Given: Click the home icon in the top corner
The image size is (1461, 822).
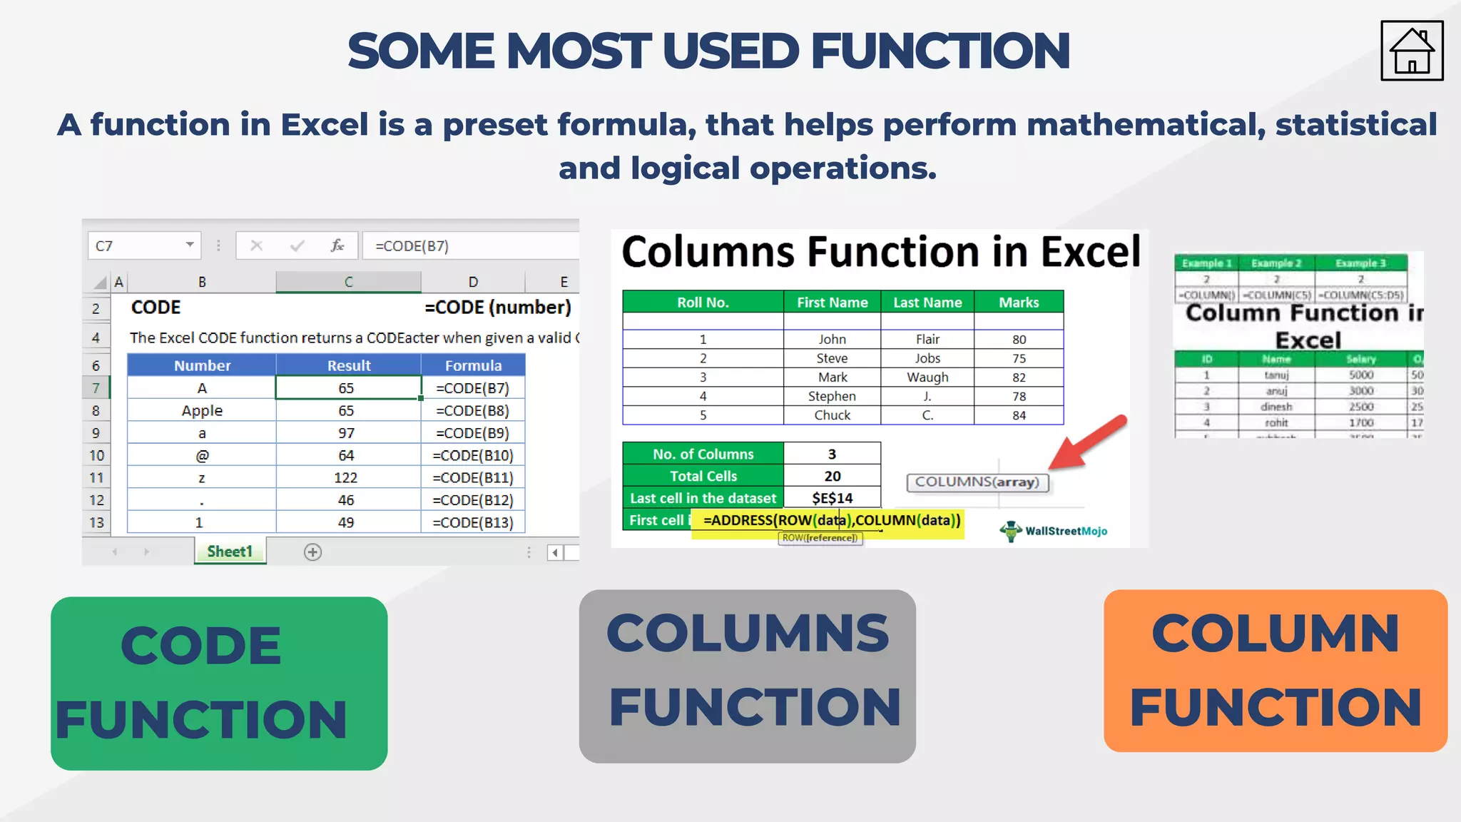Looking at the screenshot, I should [x=1411, y=51].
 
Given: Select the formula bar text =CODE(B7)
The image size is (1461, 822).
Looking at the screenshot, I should [x=412, y=246].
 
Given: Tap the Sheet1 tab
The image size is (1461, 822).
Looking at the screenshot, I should [x=230, y=552].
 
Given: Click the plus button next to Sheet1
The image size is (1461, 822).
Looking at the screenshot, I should [x=312, y=552].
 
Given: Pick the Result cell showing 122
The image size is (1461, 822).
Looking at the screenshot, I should [x=346, y=478].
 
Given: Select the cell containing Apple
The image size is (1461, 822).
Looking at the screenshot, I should [x=202, y=411].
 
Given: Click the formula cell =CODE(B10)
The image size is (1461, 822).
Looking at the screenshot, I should [x=473, y=455].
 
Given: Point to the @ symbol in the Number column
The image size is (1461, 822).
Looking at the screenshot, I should [x=202, y=455].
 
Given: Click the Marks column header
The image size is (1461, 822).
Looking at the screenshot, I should [x=1018, y=303].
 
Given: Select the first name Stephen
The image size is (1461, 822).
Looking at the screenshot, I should [x=832, y=396].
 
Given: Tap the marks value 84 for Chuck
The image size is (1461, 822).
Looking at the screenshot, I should [x=1019, y=415].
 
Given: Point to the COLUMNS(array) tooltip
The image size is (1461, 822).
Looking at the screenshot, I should [x=977, y=482].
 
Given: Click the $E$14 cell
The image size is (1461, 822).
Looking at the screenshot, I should [x=832, y=498].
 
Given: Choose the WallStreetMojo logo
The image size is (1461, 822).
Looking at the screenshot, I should [x=1054, y=531].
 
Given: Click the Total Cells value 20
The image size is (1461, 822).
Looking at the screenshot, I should [x=832, y=476].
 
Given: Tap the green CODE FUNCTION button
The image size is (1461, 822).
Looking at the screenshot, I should [x=219, y=683].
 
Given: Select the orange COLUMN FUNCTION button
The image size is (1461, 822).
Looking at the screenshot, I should [x=1275, y=670].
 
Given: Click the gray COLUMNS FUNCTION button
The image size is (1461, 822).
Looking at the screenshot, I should [x=747, y=676].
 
